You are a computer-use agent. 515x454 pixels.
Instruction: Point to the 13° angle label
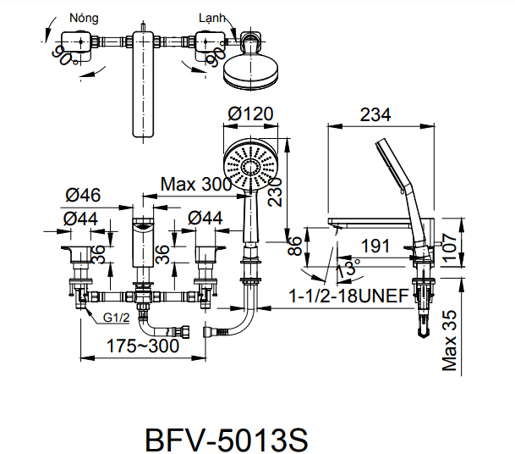point(347,269)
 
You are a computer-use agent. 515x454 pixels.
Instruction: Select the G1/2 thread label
point(116,318)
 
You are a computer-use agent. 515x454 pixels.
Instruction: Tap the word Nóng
point(82,17)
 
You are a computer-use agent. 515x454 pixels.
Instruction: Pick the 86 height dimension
point(295,246)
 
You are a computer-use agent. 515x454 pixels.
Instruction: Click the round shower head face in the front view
point(251,167)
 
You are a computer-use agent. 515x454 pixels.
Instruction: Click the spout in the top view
point(145,83)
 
